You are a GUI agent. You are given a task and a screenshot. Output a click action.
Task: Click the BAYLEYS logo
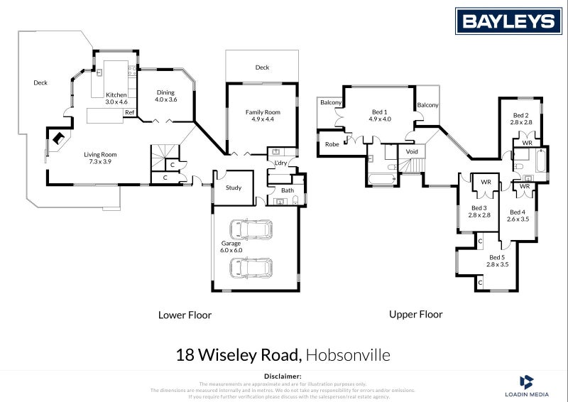[508, 21]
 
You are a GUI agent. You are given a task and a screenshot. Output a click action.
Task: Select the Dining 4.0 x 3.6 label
[165, 96]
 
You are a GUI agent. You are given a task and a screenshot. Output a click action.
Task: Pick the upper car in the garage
[250, 229]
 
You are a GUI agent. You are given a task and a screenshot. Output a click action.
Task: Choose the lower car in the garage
[250, 268]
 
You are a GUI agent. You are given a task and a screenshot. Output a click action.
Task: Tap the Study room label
[234, 188]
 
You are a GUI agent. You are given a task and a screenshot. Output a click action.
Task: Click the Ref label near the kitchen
[129, 113]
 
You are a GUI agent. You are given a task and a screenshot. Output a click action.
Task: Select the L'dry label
[280, 164]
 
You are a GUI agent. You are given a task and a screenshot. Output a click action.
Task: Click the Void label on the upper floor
[412, 152]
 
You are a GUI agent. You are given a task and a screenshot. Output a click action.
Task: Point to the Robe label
[332, 145]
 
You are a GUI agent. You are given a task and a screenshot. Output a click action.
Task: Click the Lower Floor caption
[184, 315]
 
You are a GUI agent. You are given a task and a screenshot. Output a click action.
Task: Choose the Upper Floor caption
[415, 314]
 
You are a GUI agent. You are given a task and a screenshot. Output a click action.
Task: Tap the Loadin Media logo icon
[527, 382]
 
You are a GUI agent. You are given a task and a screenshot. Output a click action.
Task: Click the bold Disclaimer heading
[283, 375]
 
